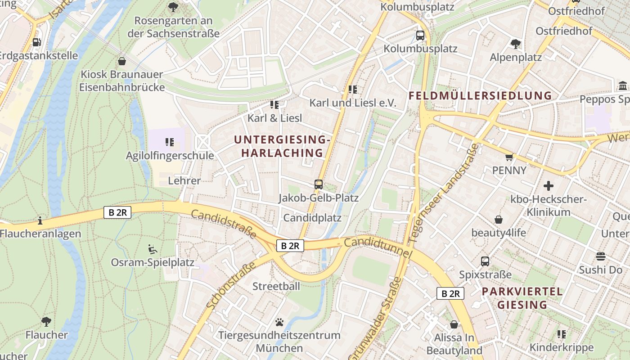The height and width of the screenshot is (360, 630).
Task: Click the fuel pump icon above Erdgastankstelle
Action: click(36, 42)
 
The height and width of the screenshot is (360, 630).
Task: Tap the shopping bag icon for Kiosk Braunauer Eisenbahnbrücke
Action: click(121, 61)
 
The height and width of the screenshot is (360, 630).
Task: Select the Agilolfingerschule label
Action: click(170, 156)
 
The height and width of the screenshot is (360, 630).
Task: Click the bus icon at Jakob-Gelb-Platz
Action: click(319, 184)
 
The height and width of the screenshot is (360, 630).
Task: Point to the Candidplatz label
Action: click(312, 218)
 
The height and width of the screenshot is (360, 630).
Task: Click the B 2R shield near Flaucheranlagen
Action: click(117, 212)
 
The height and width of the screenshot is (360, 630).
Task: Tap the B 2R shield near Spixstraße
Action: click(450, 293)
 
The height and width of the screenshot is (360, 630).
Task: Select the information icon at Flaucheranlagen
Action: click(40, 220)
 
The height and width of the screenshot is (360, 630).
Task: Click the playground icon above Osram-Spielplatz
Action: click(153, 249)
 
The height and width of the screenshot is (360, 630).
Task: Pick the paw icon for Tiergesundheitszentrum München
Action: click(279, 322)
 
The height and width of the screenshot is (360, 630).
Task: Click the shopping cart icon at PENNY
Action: click(509, 157)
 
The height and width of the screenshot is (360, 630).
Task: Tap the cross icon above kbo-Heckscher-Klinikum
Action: click(548, 185)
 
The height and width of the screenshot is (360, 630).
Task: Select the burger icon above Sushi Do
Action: click(601, 256)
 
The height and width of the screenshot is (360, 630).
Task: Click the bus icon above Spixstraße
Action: click(485, 261)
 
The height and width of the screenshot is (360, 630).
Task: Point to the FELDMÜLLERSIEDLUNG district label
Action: click(480, 95)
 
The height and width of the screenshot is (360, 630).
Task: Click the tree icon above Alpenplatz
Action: click(516, 44)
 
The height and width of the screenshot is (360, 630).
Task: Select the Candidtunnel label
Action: click(378, 248)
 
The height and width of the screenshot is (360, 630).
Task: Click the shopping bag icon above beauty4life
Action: click(499, 220)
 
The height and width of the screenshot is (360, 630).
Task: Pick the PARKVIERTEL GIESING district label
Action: click(522, 298)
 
